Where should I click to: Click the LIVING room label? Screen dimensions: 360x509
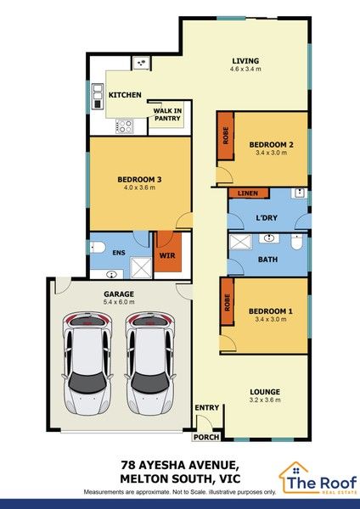coord(245,61)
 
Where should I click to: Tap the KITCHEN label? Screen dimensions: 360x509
coord(125,95)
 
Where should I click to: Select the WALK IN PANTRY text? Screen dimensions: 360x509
coord(167,115)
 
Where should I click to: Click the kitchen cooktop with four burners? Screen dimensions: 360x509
coord(125,126)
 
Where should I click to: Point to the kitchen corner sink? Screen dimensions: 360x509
coord(141,63)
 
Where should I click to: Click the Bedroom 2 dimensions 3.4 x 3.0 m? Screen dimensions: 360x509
coord(271,153)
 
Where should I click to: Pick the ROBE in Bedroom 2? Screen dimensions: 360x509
coord(226,136)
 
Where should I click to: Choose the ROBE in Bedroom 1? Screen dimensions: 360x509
coord(227,302)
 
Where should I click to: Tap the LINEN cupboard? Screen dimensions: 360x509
coord(249,193)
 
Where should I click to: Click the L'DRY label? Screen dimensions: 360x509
coord(267,218)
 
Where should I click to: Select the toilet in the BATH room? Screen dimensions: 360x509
coord(296,242)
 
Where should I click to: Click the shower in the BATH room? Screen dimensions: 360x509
coord(241,242)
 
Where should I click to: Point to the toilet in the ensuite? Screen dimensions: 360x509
coord(98,248)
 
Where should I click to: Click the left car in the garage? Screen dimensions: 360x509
coord(87,364)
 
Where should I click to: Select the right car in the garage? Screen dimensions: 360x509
coord(150,364)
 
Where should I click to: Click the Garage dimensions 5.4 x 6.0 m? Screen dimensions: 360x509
coord(119,302)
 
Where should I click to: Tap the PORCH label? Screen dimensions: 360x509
coord(206,437)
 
